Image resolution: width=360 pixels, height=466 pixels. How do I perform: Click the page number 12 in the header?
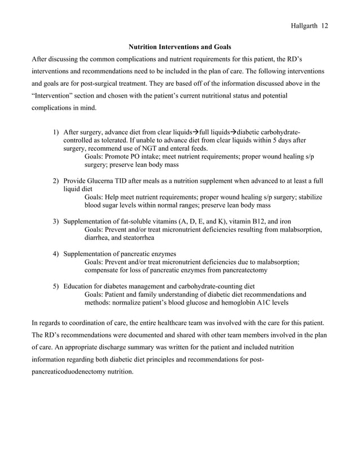(x=325, y=26)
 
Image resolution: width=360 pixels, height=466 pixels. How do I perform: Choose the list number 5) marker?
(x=56, y=286)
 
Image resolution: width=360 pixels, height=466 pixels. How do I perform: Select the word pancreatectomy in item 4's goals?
(x=249, y=270)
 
